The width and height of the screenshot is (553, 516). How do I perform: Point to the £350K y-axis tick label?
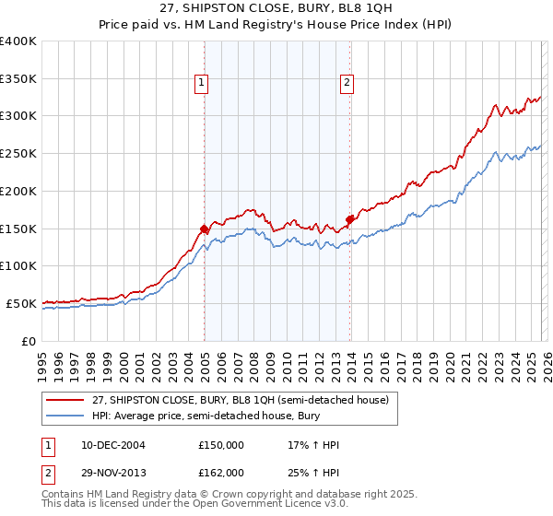tap(18, 79)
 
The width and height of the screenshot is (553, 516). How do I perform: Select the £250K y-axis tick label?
tap(18, 154)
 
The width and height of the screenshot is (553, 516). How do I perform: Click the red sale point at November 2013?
tap(350, 219)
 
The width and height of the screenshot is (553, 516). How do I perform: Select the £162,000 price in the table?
tap(221, 473)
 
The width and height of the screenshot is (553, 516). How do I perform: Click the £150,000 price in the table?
tap(221, 446)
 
